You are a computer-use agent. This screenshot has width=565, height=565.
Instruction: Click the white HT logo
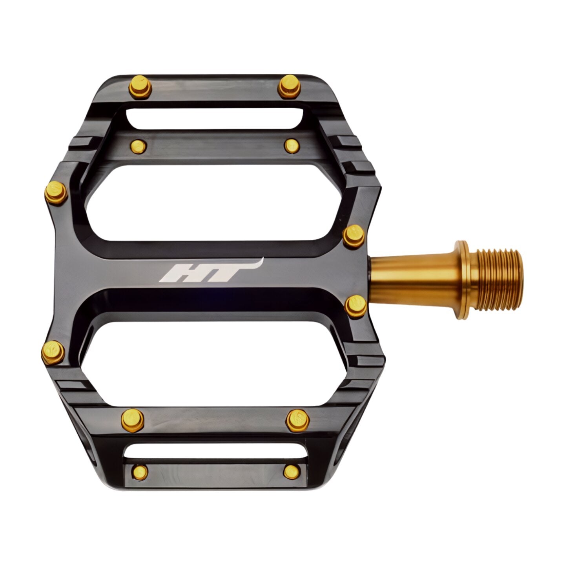[211, 271]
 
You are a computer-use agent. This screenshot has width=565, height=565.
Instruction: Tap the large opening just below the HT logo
[214, 364]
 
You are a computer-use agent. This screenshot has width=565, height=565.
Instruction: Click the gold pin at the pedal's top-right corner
[290, 86]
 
